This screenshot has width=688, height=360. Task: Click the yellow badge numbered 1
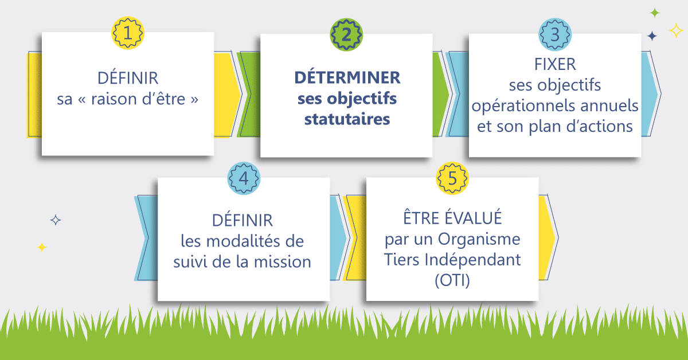pyautogui.click(x=127, y=33)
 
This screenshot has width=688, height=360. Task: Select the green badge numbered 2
pyautogui.click(x=346, y=34)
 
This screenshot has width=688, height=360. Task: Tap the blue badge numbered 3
pyautogui.click(x=554, y=34)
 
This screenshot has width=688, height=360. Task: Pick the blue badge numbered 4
pyautogui.click(x=244, y=178)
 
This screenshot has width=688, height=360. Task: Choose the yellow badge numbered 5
pyautogui.click(x=452, y=178)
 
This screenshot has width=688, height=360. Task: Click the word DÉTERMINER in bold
pyautogui.click(x=347, y=78)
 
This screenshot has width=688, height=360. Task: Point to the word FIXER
pyautogui.click(x=554, y=64)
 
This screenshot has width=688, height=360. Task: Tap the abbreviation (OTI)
pyautogui.click(x=452, y=280)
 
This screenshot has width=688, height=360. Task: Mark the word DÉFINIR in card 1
pyautogui.click(x=128, y=78)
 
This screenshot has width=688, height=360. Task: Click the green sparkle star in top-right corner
pyautogui.click(x=655, y=13)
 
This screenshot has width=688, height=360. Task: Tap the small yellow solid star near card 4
pyautogui.click(x=41, y=247)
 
